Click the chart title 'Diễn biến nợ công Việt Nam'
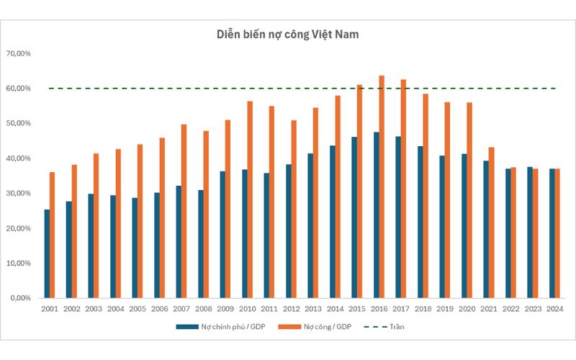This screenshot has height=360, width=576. pyautogui.click(x=288, y=34)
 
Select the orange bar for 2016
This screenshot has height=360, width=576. pyautogui.click(x=382, y=186)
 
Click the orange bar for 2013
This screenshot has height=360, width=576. pyautogui.click(x=315, y=202)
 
